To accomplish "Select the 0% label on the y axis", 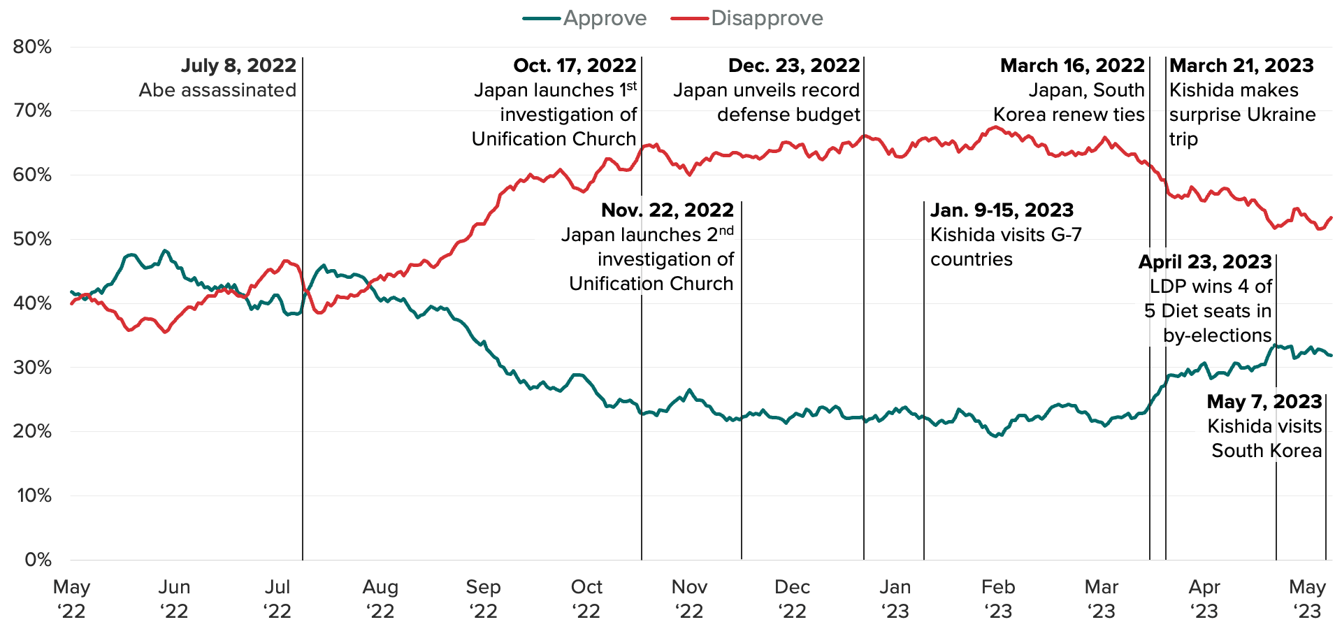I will [x=38, y=559].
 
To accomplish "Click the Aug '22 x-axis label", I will [x=380, y=599].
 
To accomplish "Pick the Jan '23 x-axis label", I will [x=895, y=599].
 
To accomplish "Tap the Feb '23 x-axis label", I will [x=998, y=599].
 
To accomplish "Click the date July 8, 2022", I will [x=238, y=66].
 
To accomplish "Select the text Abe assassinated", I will [x=217, y=90].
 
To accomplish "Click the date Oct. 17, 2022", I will [x=575, y=66].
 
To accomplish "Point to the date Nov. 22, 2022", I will [x=668, y=210].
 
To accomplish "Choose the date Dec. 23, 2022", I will [x=794, y=66].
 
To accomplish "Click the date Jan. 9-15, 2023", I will [x=1002, y=210].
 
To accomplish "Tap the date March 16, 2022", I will [x=1072, y=66].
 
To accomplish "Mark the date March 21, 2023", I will [x=1241, y=66].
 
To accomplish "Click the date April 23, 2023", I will [x=1205, y=262].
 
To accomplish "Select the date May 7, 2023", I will [x=1264, y=402].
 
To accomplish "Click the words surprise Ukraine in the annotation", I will [x=1242, y=115].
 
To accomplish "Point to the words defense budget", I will [x=788, y=115].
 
